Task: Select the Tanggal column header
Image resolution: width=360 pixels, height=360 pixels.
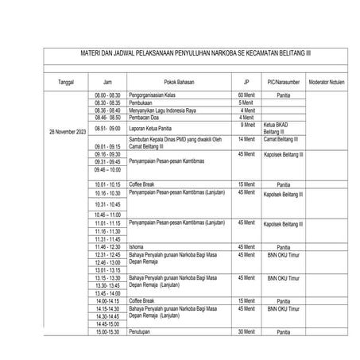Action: tap(66, 81)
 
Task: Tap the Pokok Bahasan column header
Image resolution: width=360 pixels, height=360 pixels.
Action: tap(179, 81)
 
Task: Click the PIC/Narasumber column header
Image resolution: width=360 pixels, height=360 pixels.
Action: tap(282, 81)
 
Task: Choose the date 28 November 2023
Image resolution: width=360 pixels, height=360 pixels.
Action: tap(67, 130)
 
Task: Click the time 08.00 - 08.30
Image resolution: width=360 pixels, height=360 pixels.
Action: tap(107, 95)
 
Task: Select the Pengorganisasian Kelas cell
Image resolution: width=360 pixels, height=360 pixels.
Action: tap(157, 95)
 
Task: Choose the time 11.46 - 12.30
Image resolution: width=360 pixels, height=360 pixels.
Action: tap(107, 246)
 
